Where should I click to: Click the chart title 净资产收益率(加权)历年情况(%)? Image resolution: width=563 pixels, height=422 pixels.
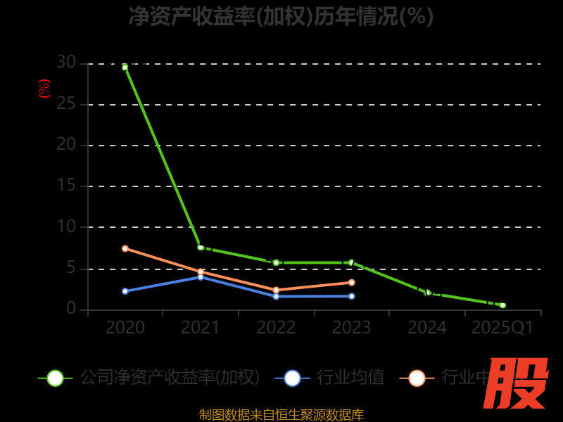tap(281, 16)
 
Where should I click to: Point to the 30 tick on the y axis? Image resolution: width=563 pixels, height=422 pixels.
tap(66, 63)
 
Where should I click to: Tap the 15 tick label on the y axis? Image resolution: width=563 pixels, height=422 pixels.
tap(66, 186)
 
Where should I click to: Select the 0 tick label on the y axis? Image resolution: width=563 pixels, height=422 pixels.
tap(71, 309)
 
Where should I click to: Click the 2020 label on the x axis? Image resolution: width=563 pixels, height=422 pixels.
tap(125, 328)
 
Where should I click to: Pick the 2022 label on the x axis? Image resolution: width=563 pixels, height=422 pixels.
tap(276, 328)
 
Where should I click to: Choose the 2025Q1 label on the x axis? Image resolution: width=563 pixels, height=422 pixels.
tap(502, 328)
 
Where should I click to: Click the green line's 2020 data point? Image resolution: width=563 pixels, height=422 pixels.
tap(125, 68)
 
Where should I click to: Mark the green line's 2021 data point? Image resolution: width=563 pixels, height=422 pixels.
tap(201, 248)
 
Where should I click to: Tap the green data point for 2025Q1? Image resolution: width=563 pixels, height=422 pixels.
tap(502, 305)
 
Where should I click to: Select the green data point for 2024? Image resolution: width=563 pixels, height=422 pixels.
tap(427, 293)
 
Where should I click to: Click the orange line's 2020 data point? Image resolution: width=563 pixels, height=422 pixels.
tap(125, 248)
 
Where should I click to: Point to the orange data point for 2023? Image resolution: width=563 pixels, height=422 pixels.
tap(351, 283)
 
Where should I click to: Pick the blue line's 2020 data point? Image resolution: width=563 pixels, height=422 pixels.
tap(125, 291)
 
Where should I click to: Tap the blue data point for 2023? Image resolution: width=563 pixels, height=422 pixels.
tap(351, 296)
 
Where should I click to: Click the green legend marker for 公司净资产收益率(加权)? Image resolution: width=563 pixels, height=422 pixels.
tap(55, 378)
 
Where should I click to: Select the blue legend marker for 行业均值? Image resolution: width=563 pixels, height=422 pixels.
tap(292, 378)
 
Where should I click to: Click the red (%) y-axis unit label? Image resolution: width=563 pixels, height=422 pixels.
tap(44, 89)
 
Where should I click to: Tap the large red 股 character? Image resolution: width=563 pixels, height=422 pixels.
tap(517, 383)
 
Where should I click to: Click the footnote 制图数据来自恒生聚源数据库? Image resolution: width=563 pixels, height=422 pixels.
tap(281, 414)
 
